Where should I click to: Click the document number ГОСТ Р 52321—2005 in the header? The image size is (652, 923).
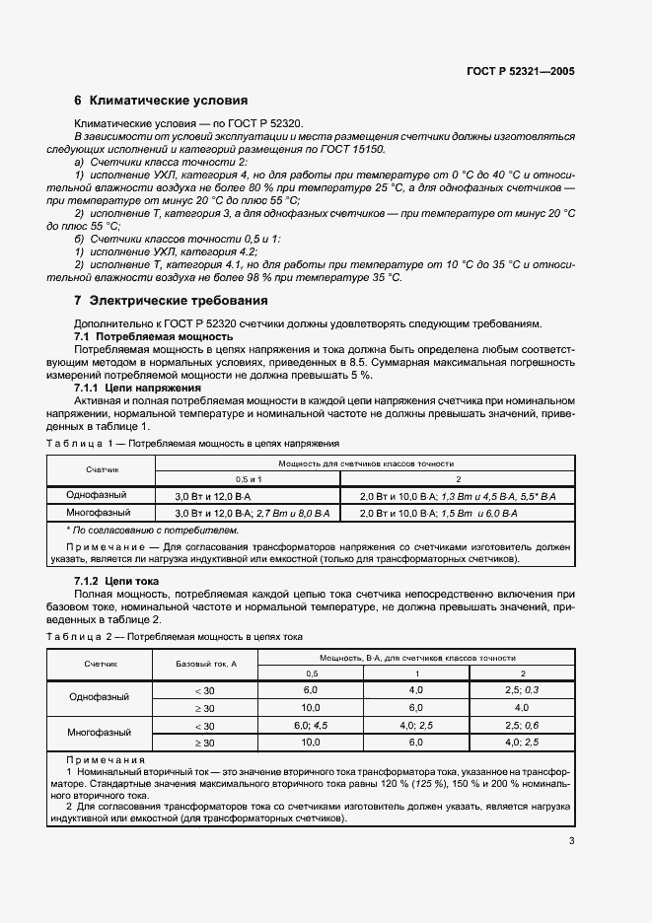pyautogui.click(x=520, y=72)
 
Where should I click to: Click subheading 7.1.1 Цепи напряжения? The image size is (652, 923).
pyautogui.click(x=139, y=388)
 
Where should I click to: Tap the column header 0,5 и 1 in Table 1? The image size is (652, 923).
pyautogui.click(x=249, y=476)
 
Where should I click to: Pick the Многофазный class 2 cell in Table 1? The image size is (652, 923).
pyautogui.click(x=439, y=515)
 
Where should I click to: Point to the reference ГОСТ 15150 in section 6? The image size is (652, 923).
pyautogui.click(x=352, y=149)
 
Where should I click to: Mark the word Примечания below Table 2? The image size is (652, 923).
pyautogui.click(x=105, y=760)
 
